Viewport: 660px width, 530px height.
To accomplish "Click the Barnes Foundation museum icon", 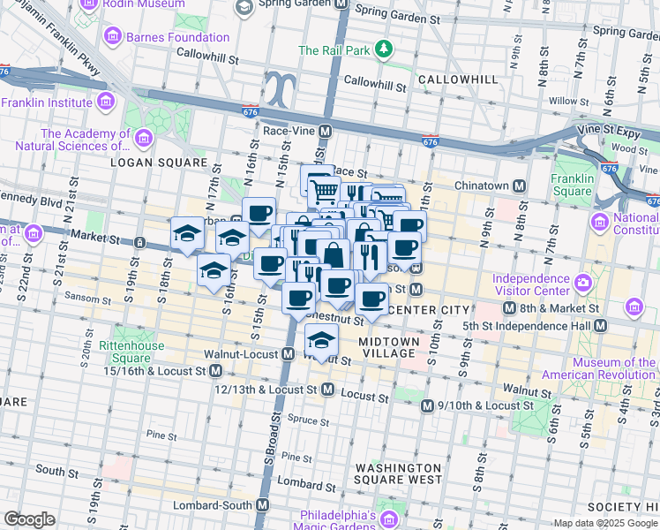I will point(113,37).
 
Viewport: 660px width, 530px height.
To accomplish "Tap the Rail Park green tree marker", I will point(383,50).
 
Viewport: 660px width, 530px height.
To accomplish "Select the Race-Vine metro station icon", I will point(325,131).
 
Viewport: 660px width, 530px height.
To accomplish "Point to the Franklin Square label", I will point(572,184).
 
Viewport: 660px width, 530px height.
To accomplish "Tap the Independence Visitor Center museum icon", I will point(582,284).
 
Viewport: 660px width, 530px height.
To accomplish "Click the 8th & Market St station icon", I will point(509,308).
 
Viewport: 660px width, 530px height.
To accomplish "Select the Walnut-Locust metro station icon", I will point(288,354).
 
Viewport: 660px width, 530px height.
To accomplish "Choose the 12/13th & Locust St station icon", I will point(327,389).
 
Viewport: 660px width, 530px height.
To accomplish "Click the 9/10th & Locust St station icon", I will point(427,405).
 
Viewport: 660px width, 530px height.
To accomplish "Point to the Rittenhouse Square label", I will point(131,352).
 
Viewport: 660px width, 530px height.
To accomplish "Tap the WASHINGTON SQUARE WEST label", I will point(398,473).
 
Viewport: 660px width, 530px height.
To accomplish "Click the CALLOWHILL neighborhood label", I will point(459,79).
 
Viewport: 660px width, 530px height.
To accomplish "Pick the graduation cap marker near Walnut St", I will point(322,341).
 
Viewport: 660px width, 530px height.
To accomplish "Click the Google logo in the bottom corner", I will point(29,519).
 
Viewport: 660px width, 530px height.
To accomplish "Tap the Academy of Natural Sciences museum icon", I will point(143,137).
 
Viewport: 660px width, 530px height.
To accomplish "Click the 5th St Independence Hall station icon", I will point(600,326).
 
